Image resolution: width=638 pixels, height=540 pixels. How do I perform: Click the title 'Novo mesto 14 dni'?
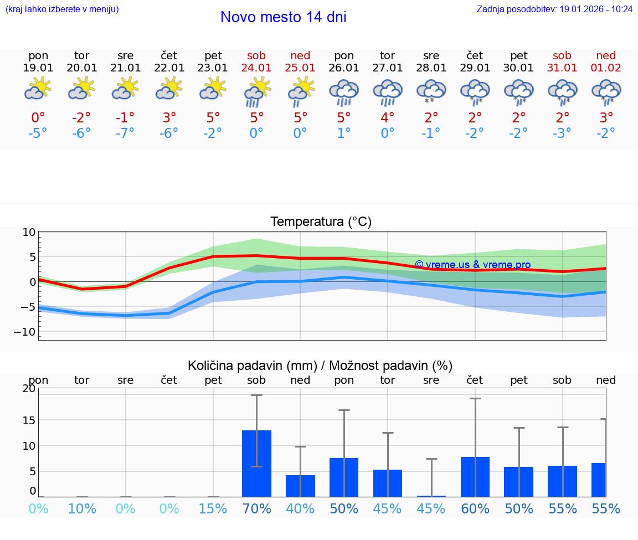[x=283, y=17]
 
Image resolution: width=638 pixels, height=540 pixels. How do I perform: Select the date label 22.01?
[x=169, y=68]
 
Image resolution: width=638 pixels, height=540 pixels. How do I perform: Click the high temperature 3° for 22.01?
[x=169, y=117]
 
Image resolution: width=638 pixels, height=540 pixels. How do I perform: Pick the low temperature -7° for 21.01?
[x=126, y=133]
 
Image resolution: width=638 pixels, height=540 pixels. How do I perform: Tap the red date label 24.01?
[x=256, y=68]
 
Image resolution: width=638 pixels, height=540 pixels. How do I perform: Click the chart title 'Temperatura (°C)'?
[x=321, y=222]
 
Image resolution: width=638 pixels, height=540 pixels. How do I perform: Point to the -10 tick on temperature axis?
[x=29, y=331]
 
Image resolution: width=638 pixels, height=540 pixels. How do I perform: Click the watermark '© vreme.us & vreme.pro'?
[x=472, y=265]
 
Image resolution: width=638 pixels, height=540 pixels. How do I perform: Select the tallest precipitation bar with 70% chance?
[x=256, y=463]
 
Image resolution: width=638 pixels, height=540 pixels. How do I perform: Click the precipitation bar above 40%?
[x=300, y=486]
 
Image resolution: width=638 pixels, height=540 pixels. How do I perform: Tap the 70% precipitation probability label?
[x=256, y=508]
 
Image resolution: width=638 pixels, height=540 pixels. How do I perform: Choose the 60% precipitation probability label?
[x=475, y=508]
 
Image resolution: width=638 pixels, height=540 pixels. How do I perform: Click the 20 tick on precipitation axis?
[x=29, y=388]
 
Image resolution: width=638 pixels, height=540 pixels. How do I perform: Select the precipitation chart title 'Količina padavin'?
[x=320, y=366]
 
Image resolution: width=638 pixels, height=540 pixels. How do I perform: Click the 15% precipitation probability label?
[x=213, y=508]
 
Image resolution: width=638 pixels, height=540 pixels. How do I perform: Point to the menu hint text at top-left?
[x=62, y=9]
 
